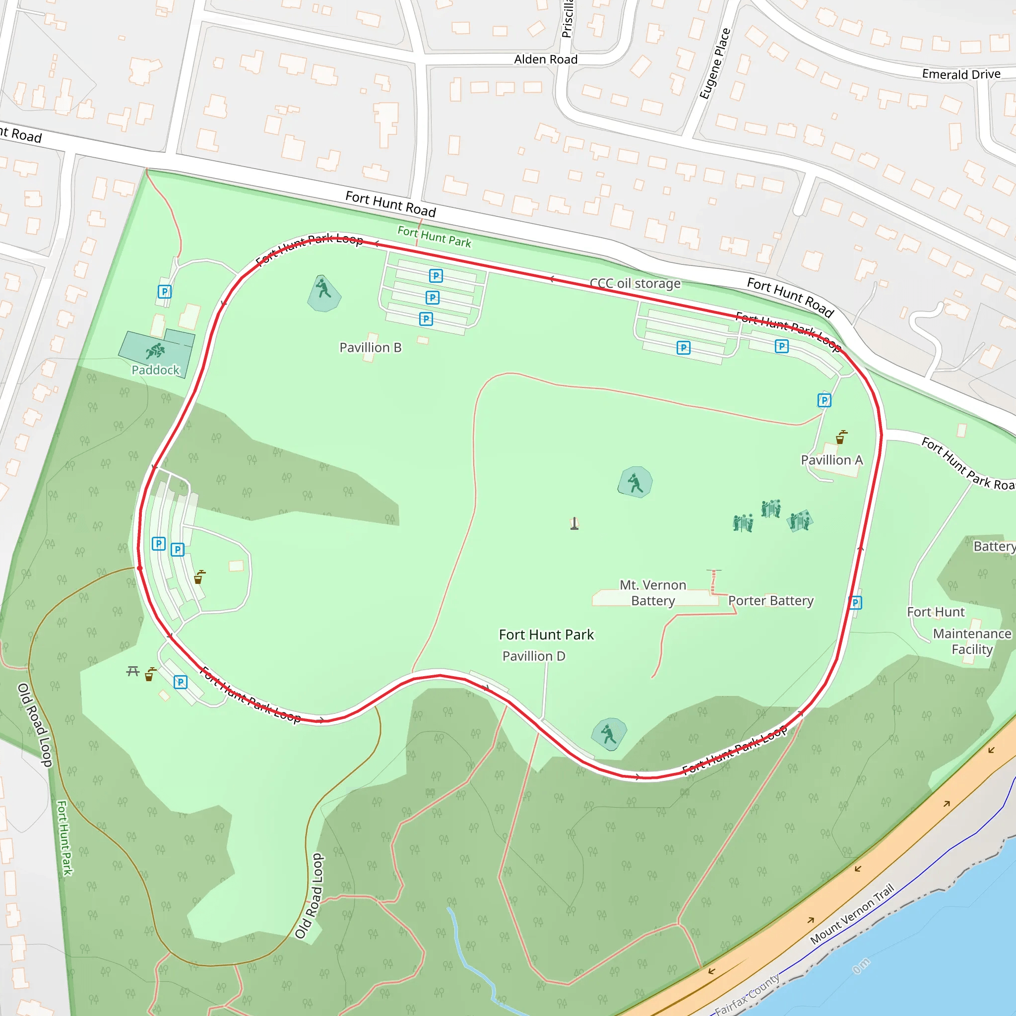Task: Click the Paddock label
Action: point(155,370)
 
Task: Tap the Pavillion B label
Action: point(370,348)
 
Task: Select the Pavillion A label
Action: point(831,460)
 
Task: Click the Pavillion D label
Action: point(534,656)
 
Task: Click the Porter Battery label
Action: point(770,601)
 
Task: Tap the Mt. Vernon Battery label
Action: point(653,593)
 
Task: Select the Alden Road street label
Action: point(545,60)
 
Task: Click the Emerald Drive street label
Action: point(961,74)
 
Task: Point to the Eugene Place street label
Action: point(715,63)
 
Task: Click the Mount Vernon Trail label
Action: point(851,914)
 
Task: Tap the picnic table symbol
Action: point(132,671)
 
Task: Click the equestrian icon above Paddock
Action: point(156,350)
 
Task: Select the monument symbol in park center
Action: point(574,524)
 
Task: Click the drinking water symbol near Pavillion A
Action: point(842,437)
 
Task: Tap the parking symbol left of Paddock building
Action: point(165,291)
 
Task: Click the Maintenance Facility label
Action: point(972,641)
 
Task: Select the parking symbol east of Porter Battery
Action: point(856,603)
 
